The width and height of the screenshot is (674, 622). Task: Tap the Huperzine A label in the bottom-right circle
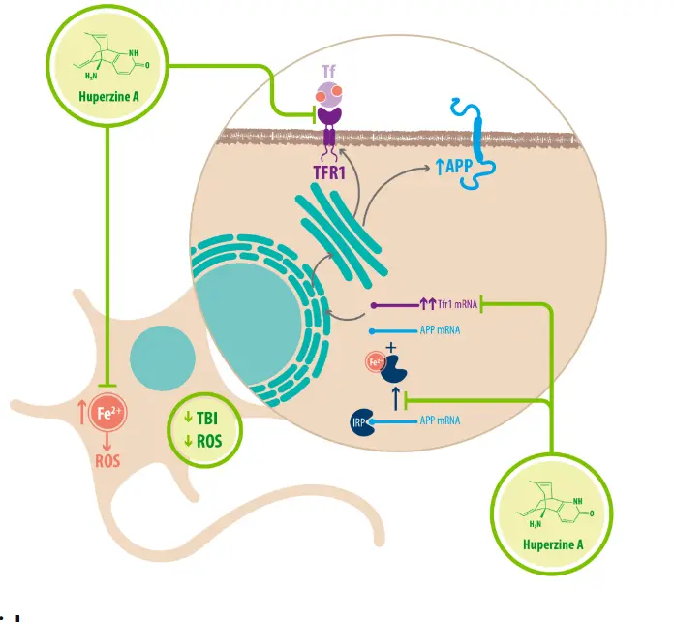tap(553, 544)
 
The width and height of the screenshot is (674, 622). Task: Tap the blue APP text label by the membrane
tap(455, 166)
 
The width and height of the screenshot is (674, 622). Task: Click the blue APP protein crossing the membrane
tap(481, 136)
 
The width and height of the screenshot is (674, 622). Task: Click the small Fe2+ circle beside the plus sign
tap(374, 364)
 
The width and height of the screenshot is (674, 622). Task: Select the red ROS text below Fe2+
tap(107, 460)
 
